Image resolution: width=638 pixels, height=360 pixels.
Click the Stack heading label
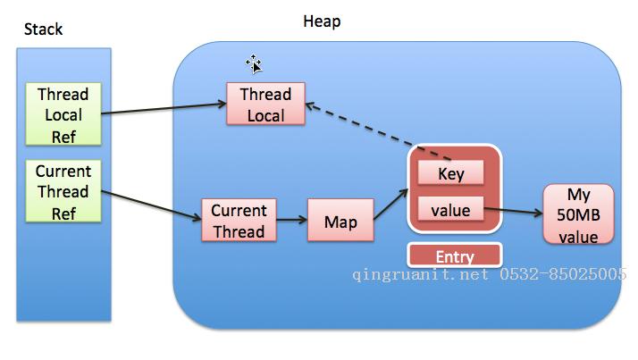43,29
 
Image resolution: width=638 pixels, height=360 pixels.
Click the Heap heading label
322,21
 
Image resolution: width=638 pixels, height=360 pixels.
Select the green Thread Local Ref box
63,114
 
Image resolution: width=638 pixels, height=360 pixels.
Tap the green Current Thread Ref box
63,192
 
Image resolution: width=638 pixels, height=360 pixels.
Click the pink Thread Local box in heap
265,105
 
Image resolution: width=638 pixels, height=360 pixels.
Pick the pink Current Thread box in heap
239,221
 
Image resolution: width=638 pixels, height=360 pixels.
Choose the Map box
340,221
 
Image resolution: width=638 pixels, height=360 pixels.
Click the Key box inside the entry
451,173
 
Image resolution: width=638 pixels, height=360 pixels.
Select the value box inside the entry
451,212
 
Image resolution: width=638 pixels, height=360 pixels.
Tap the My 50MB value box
578,215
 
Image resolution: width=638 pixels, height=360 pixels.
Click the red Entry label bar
455,255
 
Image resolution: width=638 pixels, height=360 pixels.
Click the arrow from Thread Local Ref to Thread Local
165,108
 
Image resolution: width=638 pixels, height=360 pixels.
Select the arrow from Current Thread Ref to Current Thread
152,205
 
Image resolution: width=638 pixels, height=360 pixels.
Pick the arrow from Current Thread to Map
292,221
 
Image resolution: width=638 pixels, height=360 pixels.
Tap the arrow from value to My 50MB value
515,213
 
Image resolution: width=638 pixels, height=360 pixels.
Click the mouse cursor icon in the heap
254,63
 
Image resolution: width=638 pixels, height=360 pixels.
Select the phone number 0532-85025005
562,274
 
